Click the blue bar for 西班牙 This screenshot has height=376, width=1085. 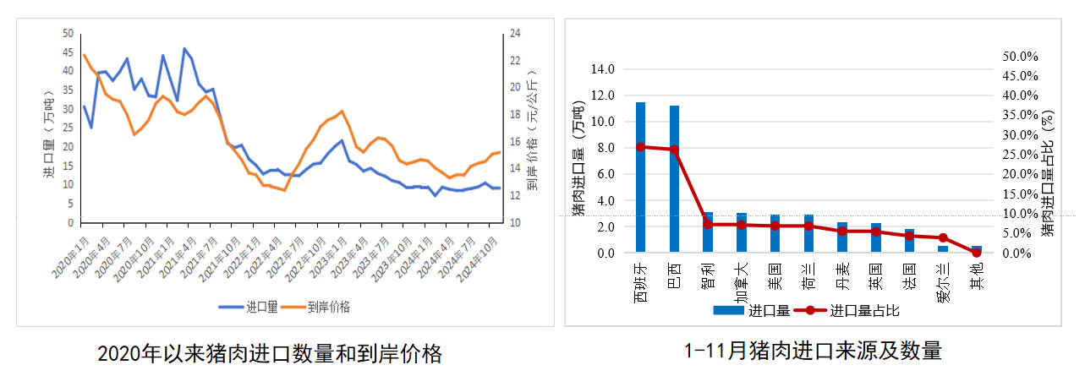coord(640,177)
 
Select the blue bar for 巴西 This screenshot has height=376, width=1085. coord(674,179)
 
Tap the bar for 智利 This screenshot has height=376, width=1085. coord(708,232)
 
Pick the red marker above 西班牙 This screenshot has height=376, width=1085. coord(640,147)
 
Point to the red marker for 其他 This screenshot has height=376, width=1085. coord(977,253)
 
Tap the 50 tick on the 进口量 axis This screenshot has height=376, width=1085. coord(68,34)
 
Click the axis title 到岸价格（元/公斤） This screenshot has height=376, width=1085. coord(531,127)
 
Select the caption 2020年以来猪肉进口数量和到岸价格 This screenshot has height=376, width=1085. coord(270,352)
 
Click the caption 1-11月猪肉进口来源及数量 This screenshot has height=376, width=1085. coord(813,351)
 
